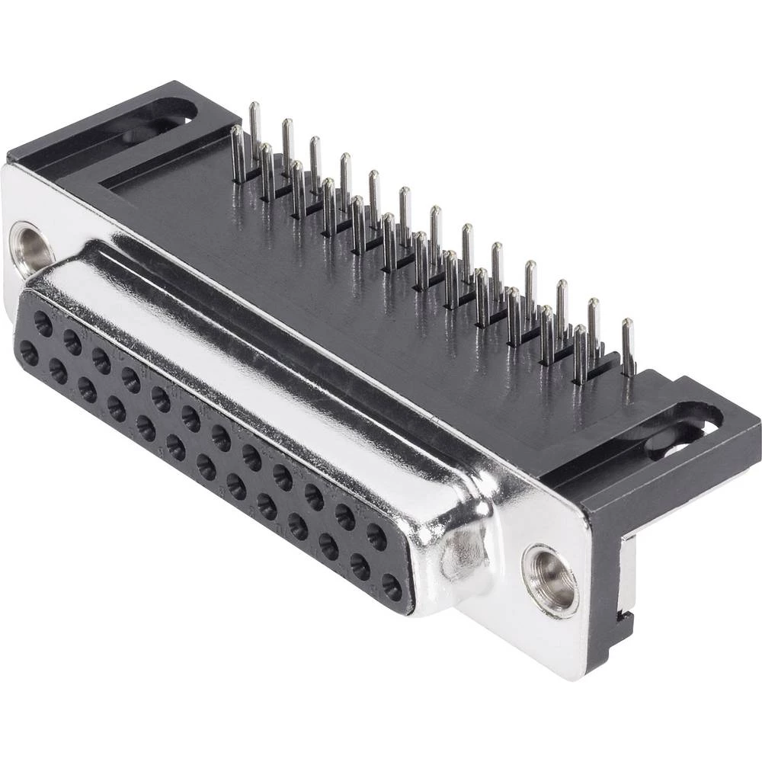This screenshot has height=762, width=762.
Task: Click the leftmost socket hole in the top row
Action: pos(43,325)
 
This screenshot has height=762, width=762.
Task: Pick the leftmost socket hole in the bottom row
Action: pos(29,353)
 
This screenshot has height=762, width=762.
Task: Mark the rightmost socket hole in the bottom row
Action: pos(391,588)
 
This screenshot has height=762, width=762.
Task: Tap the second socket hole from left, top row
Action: pos(72,342)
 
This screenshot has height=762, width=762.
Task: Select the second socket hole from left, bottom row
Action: pos(58,370)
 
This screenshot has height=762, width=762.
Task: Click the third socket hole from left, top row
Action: pos(101,358)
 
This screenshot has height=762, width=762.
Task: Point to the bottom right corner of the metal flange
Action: pos(587,671)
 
